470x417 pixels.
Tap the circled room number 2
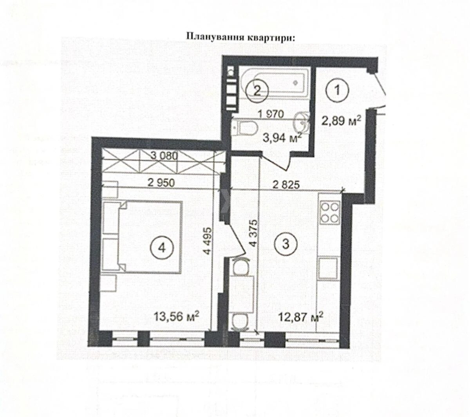pyautogui.click(x=257, y=91)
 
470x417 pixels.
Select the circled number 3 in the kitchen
pyautogui.click(x=286, y=244)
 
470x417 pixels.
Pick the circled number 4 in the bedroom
pyautogui.click(x=161, y=247)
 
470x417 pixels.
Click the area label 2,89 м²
pyautogui.click(x=340, y=121)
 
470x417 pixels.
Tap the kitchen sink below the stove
pyautogui.click(x=329, y=268)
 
